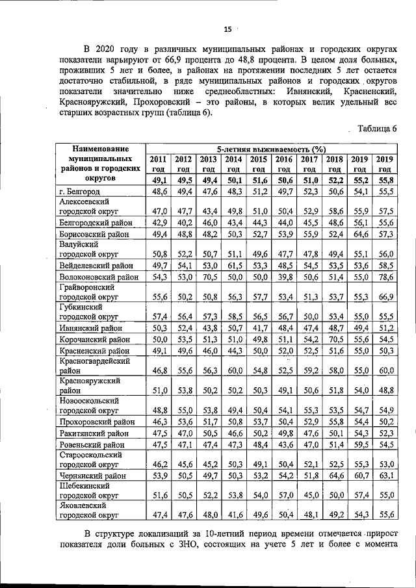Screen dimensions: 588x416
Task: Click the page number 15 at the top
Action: (x=227, y=29)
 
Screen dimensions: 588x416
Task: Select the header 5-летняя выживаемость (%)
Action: (x=270, y=149)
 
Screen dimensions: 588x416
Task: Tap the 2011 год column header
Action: (x=159, y=164)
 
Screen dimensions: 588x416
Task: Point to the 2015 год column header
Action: (x=259, y=164)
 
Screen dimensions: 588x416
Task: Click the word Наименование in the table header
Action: (x=99, y=149)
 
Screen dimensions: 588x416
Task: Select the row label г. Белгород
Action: (x=81, y=192)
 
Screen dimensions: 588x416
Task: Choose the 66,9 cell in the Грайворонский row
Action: (x=386, y=297)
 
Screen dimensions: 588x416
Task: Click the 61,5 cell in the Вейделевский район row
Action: (x=233, y=266)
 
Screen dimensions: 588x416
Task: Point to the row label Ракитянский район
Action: (x=94, y=434)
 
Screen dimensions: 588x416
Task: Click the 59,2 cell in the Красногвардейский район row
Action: (x=309, y=371)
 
